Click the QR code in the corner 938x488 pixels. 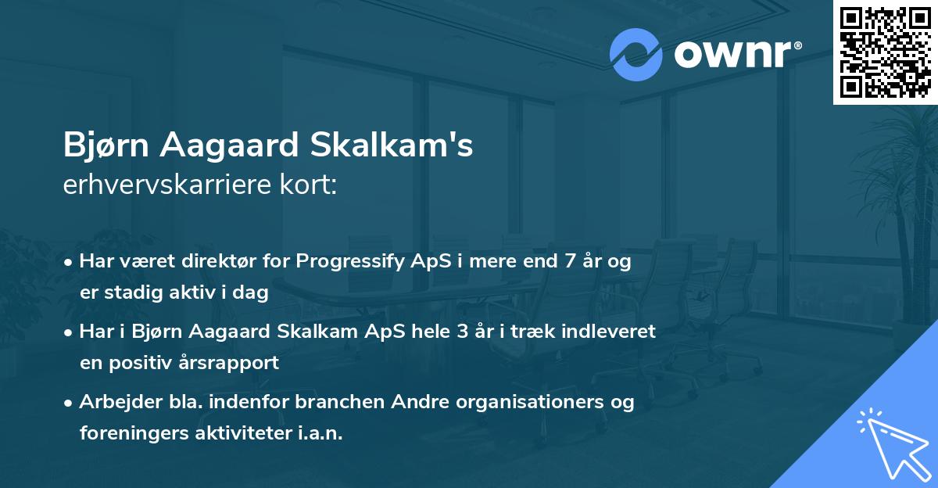coord(885,52)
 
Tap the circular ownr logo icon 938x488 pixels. coord(636,55)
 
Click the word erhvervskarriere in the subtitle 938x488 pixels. coord(169,187)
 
